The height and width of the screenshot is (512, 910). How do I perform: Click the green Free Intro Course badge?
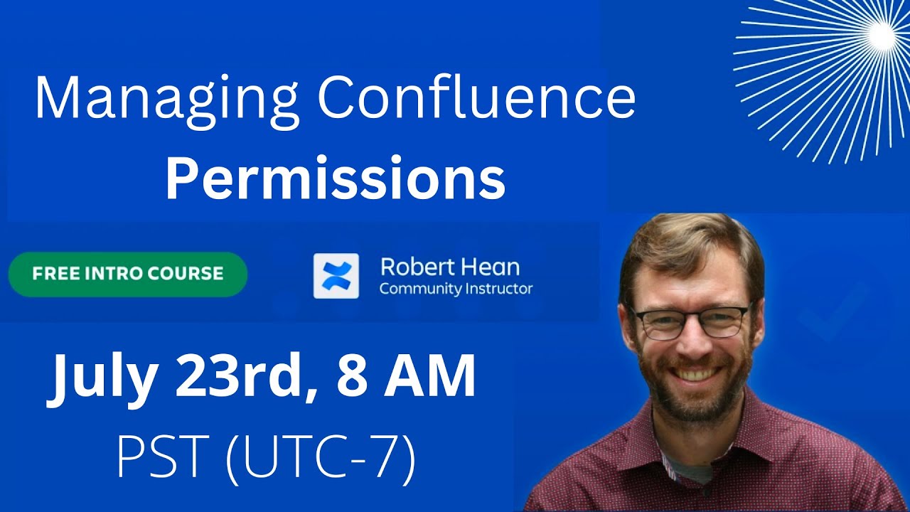(128, 274)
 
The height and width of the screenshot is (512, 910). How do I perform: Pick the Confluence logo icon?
(336, 276)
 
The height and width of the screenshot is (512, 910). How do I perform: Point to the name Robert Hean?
(450, 267)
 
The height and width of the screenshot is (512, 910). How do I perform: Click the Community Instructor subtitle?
(456, 289)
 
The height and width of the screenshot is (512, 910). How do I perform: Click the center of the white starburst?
(882, 33)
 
